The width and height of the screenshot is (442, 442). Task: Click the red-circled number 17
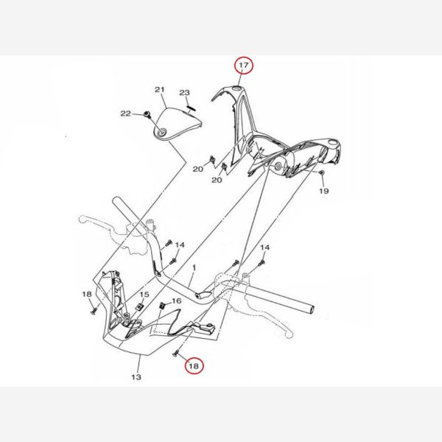point(244,65)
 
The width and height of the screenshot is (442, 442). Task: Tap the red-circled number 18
point(194,366)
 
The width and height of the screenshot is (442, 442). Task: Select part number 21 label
point(160,90)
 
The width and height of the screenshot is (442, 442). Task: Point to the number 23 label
point(185,93)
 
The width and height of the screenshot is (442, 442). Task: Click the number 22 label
point(126,113)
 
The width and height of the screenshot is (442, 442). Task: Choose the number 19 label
point(324,191)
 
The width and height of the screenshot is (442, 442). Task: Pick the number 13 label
point(136,377)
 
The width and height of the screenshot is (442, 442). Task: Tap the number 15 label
point(144,295)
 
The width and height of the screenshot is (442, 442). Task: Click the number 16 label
point(177,301)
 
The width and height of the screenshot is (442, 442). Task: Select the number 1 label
point(194,267)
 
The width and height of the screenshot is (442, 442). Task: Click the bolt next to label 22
point(147,114)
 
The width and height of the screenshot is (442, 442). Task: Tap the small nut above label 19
point(320,172)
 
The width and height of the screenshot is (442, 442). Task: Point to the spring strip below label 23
point(191,108)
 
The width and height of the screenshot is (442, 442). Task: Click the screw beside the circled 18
point(176,352)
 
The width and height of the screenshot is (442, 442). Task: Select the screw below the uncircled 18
point(94,311)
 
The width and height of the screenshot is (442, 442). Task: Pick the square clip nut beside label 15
point(139,306)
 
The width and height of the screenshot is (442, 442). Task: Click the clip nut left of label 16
point(162,305)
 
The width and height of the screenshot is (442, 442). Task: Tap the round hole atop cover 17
point(236,89)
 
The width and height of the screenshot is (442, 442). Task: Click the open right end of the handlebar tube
point(312,309)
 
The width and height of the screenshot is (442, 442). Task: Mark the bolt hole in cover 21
point(162,133)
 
